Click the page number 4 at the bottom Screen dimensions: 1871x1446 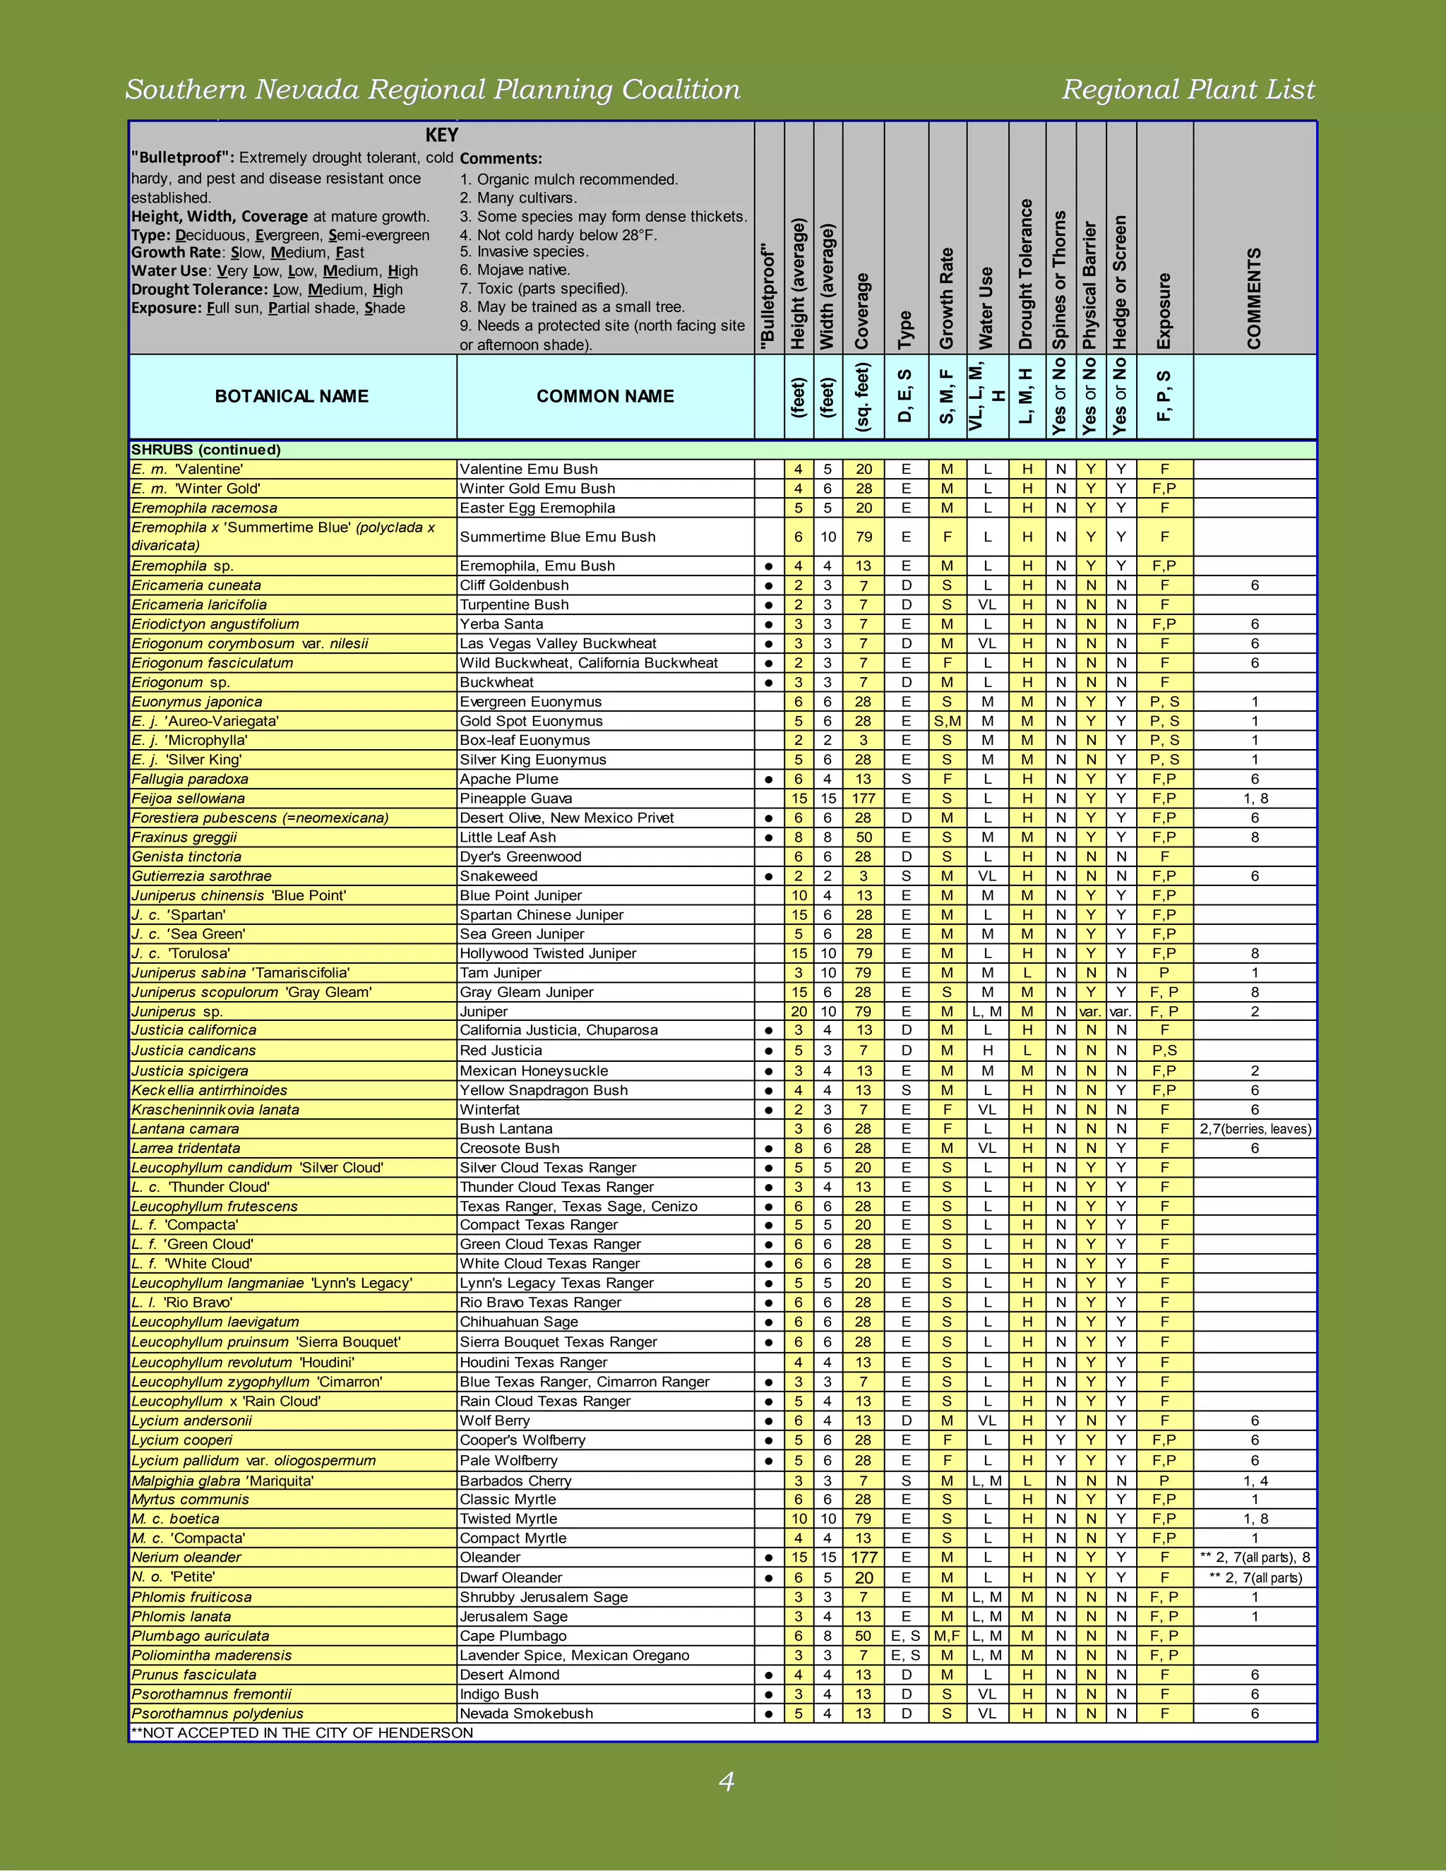726,1782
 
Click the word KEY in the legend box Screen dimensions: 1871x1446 441,136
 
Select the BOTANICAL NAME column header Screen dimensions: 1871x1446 292,397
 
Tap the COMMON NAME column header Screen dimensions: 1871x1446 605,397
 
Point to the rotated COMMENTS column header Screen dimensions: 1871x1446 1254,298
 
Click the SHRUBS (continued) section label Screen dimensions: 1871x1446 205,450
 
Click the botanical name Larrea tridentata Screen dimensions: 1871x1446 186,1148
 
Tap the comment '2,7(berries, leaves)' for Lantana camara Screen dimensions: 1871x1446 1255,1129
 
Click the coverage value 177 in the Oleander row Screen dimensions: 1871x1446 864,1558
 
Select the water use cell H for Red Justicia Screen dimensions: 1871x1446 988,1051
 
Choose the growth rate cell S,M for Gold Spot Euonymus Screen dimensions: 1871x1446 947,722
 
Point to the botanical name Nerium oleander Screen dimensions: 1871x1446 186,1558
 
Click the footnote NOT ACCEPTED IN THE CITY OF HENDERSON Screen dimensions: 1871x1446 301,1732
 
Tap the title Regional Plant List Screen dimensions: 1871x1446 1188,89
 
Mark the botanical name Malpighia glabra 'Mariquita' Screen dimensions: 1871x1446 222,1481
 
